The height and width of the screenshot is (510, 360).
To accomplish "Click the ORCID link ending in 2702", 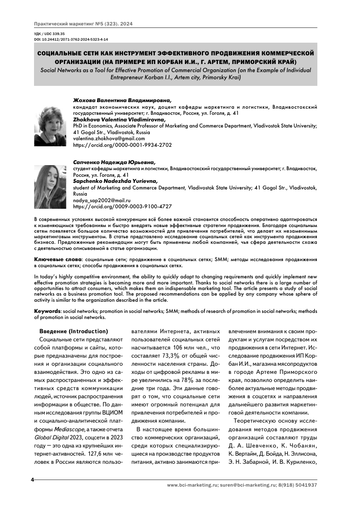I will point(122,145).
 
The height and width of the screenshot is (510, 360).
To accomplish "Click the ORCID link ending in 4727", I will point(122,207).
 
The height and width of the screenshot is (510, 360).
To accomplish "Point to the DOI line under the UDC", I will point(71,39).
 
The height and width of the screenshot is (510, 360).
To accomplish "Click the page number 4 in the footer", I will point(32,480).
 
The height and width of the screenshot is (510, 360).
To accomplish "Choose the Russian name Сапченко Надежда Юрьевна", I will point(114,162).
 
